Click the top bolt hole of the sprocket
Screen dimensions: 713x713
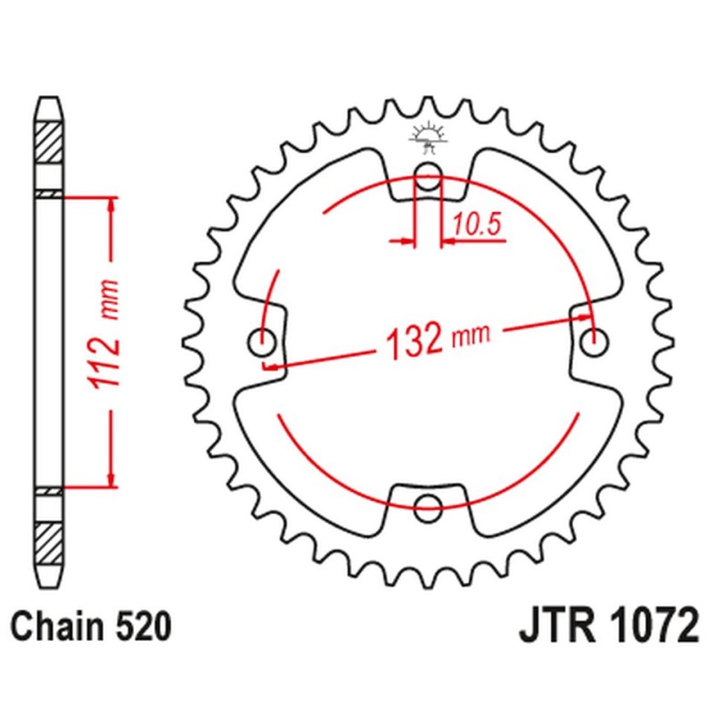click(429, 175)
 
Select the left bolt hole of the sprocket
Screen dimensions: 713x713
click(265, 339)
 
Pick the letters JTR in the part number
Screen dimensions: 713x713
click(556, 627)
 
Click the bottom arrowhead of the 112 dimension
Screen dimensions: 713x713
click(111, 480)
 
